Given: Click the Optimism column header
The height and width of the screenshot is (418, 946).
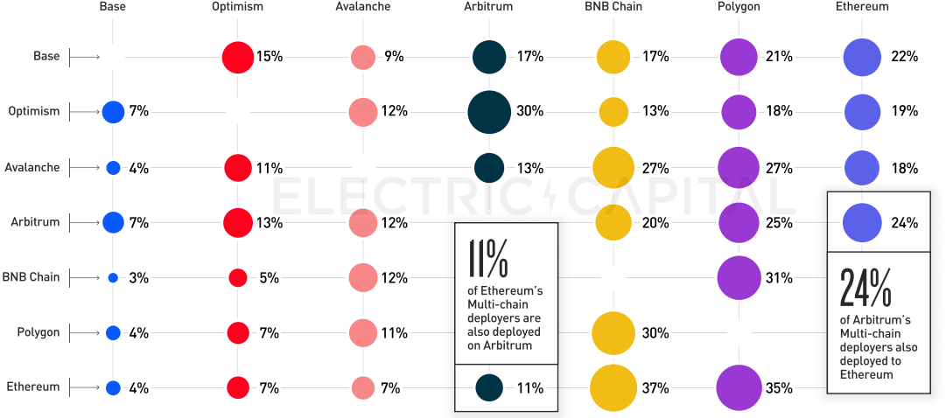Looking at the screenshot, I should (x=237, y=7).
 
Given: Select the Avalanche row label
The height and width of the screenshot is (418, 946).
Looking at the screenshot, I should (x=32, y=167).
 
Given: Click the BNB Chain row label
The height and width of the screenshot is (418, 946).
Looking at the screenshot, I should (x=32, y=277).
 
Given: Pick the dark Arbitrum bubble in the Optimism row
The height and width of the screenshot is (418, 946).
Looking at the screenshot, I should (x=489, y=111).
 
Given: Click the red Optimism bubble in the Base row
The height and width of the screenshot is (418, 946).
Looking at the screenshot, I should (x=237, y=57).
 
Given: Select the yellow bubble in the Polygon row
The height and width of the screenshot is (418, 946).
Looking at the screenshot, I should (x=613, y=332).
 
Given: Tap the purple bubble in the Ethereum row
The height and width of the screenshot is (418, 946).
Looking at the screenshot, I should (x=739, y=387).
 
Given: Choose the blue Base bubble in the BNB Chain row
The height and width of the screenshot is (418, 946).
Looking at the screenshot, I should (x=113, y=278).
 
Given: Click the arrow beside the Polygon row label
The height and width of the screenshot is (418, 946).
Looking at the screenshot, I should (x=84, y=332).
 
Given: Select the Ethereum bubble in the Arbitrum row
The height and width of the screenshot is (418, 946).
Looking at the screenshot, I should (x=862, y=222).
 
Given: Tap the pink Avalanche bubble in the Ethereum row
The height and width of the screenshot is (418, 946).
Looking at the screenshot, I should (x=363, y=387).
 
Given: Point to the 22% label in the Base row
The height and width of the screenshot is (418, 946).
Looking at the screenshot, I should (x=905, y=57).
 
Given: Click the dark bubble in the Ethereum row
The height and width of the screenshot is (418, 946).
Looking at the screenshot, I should (x=489, y=387).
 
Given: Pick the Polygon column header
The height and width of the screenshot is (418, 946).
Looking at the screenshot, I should (x=739, y=7).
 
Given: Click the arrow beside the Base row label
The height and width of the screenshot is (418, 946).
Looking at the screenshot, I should (x=84, y=57).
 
